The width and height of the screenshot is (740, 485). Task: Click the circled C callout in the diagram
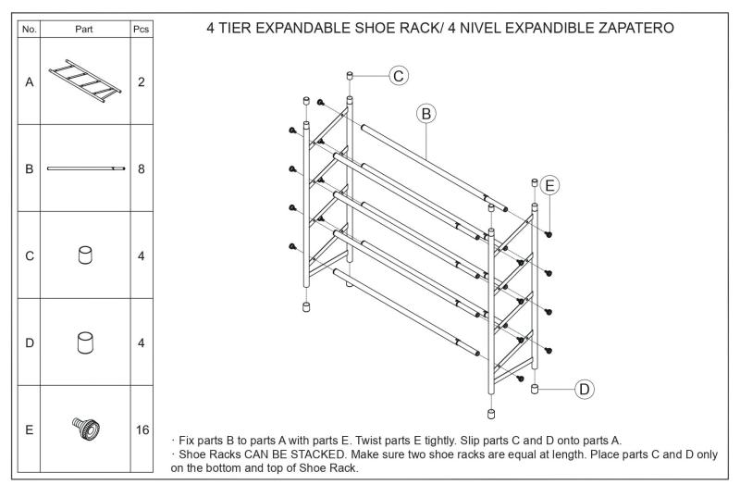[399, 76]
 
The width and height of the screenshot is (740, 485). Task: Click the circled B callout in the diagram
[426, 113]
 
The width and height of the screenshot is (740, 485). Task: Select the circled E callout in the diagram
[549, 185]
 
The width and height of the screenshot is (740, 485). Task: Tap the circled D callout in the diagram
[585, 389]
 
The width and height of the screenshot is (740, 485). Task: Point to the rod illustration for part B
[85, 168]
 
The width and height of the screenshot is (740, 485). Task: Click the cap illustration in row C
[85, 255]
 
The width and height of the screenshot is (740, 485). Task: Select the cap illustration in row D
[85, 343]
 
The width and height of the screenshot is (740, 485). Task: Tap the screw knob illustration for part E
[85, 429]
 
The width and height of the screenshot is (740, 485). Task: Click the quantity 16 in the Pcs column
[142, 430]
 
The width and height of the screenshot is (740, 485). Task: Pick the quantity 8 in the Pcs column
[142, 168]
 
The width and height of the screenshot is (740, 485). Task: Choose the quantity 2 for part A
[142, 81]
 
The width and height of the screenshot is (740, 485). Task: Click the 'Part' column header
[85, 30]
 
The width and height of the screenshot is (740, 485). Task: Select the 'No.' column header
[29, 30]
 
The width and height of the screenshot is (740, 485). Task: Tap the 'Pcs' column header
[142, 30]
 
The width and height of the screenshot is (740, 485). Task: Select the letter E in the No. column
[29, 430]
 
